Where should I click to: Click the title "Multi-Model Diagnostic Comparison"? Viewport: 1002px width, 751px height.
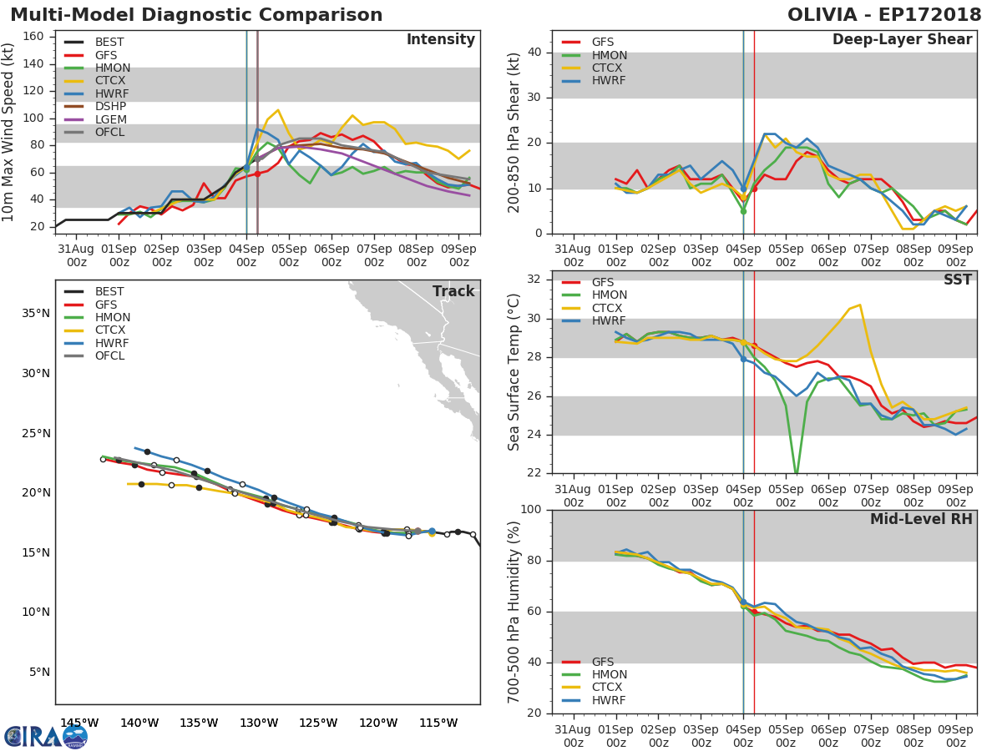click(x=196, y=15)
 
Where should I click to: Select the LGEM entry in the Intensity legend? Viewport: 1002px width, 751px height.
click(x=109, y=119)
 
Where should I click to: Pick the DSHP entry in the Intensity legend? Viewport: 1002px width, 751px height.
click(x=109, y=107)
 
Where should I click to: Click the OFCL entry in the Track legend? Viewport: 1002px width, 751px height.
click(x=109, y=355)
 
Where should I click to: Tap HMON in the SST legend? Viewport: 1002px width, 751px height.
click(x=609, y=295)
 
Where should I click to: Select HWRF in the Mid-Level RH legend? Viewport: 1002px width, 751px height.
click(x=609, y=700)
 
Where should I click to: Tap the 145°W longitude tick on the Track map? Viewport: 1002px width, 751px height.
click(x=79, y=723)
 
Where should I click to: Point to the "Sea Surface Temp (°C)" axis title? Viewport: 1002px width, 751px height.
click(x=514, y=372)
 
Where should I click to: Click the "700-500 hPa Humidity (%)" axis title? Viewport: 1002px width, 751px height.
click(x=514, y=612)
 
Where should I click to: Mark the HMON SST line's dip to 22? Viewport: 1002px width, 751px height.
click(x=797, y=471)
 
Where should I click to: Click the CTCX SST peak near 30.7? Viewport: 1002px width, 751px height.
click(x=859, y=305)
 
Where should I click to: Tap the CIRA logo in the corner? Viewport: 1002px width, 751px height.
click(x=45, y=736)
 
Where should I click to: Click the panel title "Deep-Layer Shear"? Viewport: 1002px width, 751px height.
click(x=902, y=40)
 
